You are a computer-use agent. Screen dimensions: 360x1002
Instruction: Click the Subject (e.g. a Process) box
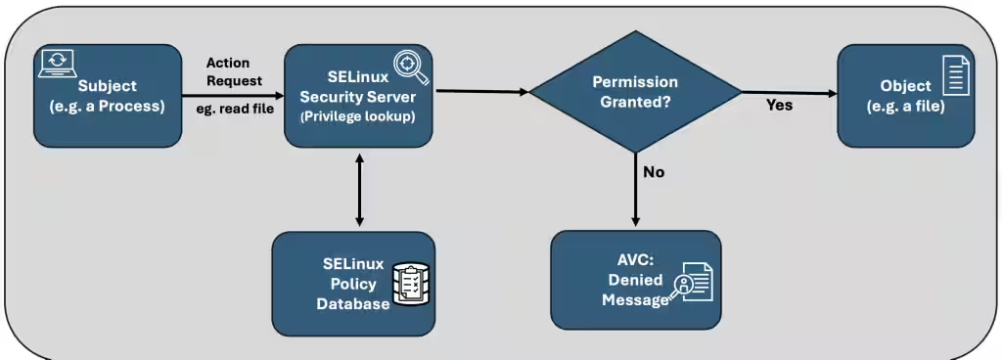(x=108, y=96)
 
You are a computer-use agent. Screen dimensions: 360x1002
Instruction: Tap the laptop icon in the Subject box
(x=57, y=63)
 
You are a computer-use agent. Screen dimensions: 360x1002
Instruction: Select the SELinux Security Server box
(x=358, y=96)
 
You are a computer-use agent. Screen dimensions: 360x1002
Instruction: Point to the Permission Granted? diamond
(x=635, y=92)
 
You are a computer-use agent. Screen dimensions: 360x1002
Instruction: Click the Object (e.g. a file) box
(x=906, y=96)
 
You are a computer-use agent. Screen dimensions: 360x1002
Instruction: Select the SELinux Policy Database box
(x=353, y=284)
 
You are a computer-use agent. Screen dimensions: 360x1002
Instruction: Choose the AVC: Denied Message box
(x=635, y=280)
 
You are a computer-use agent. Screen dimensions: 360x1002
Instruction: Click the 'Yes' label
(x=779, y=105)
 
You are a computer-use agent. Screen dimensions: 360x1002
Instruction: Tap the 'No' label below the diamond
(x=653, y=172)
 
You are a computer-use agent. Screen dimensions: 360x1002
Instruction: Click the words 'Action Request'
(x=234, y=72)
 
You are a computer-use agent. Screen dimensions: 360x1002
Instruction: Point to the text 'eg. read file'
(x=234, y=109)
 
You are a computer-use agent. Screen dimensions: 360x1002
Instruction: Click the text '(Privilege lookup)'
(x=358, y=114)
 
